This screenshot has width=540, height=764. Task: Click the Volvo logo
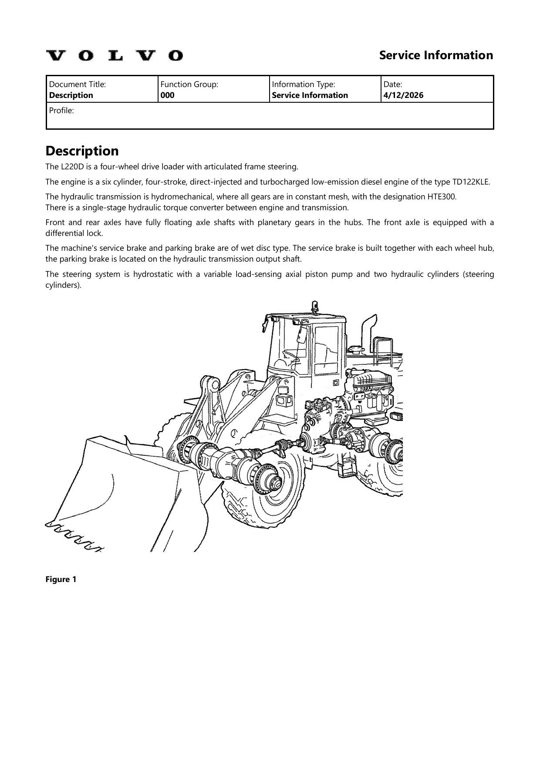point(115,56)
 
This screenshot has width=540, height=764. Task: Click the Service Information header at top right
point(436,55)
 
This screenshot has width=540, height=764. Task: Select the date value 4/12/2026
point(403,95)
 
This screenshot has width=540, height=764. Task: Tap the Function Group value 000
point(168,95)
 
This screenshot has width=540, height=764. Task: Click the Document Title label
point(78,84)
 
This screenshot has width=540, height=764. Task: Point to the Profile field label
point(61,111)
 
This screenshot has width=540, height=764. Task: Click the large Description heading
point(82,151)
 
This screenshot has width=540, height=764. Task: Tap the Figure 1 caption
point(61,579)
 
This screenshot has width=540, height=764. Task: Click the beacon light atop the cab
point(314,306)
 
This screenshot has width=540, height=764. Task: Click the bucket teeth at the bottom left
point(74,536)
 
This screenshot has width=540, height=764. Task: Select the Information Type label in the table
point(304,84)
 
